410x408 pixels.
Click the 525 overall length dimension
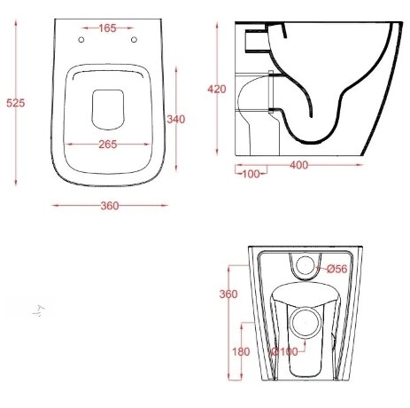pos(16,103)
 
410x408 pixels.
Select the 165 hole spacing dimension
pos(107,28)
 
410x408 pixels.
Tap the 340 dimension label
pos(176,119)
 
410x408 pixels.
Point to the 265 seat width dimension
pos(108,145)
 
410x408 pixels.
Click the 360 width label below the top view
pos(110,206)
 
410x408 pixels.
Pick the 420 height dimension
pos(217,89)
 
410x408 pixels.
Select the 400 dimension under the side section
pos(299,165)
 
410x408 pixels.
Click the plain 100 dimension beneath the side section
pos(251,174)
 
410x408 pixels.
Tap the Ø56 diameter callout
pos(337,269)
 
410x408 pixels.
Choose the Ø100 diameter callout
pos(285,351)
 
